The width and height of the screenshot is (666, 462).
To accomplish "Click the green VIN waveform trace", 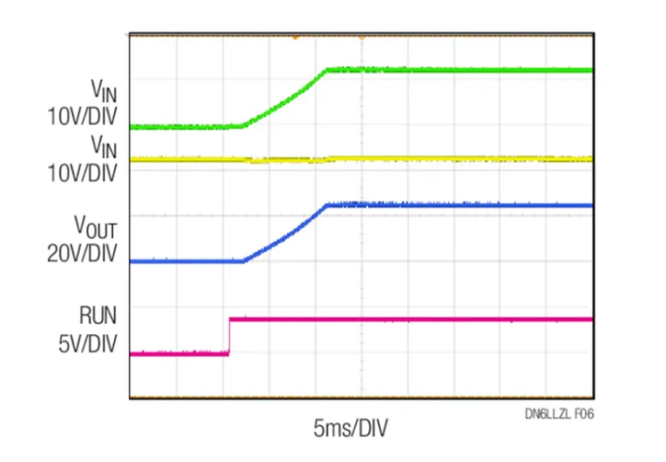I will pos(460,70).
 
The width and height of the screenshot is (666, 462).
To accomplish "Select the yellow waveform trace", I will pos(460,159).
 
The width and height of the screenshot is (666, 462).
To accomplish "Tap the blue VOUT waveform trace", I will pos(460,205).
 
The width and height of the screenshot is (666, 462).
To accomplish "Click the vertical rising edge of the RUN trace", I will pos(229,336).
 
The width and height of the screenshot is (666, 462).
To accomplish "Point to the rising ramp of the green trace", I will pos(285,98).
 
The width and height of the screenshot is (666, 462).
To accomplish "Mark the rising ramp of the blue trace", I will pos(285,234).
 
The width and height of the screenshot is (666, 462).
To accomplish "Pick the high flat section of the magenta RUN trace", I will pos(414,319).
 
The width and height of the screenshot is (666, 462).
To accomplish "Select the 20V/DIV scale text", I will pos(82,253).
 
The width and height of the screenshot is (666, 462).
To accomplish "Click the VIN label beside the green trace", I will pos(103,90).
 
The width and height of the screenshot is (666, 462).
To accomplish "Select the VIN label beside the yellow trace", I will pos(103,144).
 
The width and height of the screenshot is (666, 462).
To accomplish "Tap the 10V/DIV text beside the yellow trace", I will pos(82,171).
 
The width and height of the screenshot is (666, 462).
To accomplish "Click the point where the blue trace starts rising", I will pos(244,261).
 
